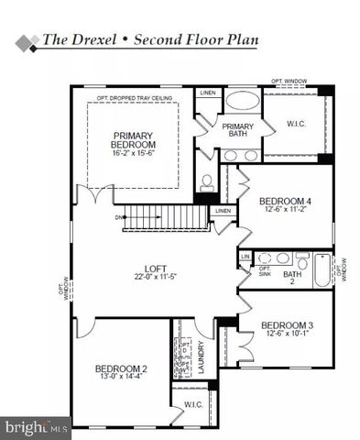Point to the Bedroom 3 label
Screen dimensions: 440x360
287,325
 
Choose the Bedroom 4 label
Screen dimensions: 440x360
285,201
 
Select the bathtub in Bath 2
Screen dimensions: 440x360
322,270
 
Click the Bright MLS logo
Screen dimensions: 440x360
36,427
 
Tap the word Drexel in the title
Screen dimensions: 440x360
93,39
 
